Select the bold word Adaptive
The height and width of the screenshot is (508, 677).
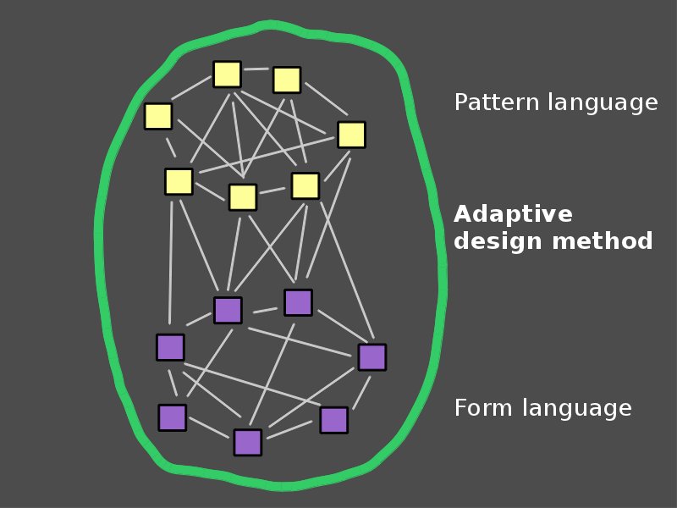513,214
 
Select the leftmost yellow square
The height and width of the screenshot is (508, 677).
158,116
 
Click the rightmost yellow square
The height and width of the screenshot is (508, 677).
351,135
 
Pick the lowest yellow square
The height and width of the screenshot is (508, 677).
243,197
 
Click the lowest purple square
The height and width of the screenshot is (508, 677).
248,442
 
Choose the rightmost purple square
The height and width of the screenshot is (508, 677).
372,357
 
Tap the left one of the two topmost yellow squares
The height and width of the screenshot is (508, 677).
228,75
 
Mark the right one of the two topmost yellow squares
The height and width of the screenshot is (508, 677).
287,80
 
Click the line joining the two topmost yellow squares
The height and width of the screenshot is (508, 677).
257,69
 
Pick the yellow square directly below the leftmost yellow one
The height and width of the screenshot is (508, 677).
179,181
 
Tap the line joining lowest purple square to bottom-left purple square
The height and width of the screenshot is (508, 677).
210,429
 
